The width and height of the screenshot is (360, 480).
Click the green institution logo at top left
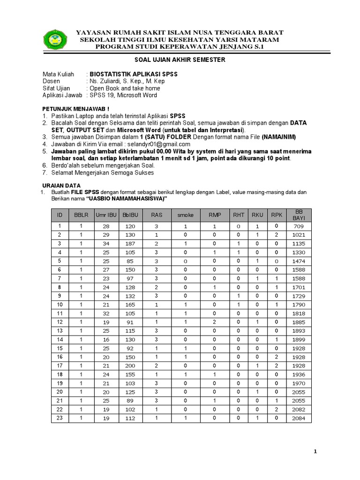[x=55, y=39]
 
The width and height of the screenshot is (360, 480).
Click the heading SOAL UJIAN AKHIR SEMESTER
[x=180, y=60]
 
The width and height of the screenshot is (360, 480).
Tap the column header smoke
[x=185, y=215]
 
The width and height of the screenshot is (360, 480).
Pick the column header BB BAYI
[x=299, y=215]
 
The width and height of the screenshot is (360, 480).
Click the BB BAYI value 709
[x=299, y=226]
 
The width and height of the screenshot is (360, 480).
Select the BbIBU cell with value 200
[x=130, y=366]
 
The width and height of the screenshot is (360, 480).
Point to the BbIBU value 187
[x=130, y=244]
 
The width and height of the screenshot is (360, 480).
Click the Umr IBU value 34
[x=106, y=244]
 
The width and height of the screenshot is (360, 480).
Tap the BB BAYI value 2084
[x=299, y=418]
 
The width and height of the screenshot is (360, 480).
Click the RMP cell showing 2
[x=214, y=322]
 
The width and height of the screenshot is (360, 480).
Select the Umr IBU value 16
[x=106, y=339]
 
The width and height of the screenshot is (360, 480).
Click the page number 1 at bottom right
[x=315, y=451]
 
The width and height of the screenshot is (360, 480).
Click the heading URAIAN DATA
[x=61, y=186]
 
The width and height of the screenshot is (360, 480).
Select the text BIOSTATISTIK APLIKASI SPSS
[x=134, y=75]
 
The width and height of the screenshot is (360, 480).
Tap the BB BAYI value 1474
[x=299, y=261]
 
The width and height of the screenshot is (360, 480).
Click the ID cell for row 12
[x=60, y=322]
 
